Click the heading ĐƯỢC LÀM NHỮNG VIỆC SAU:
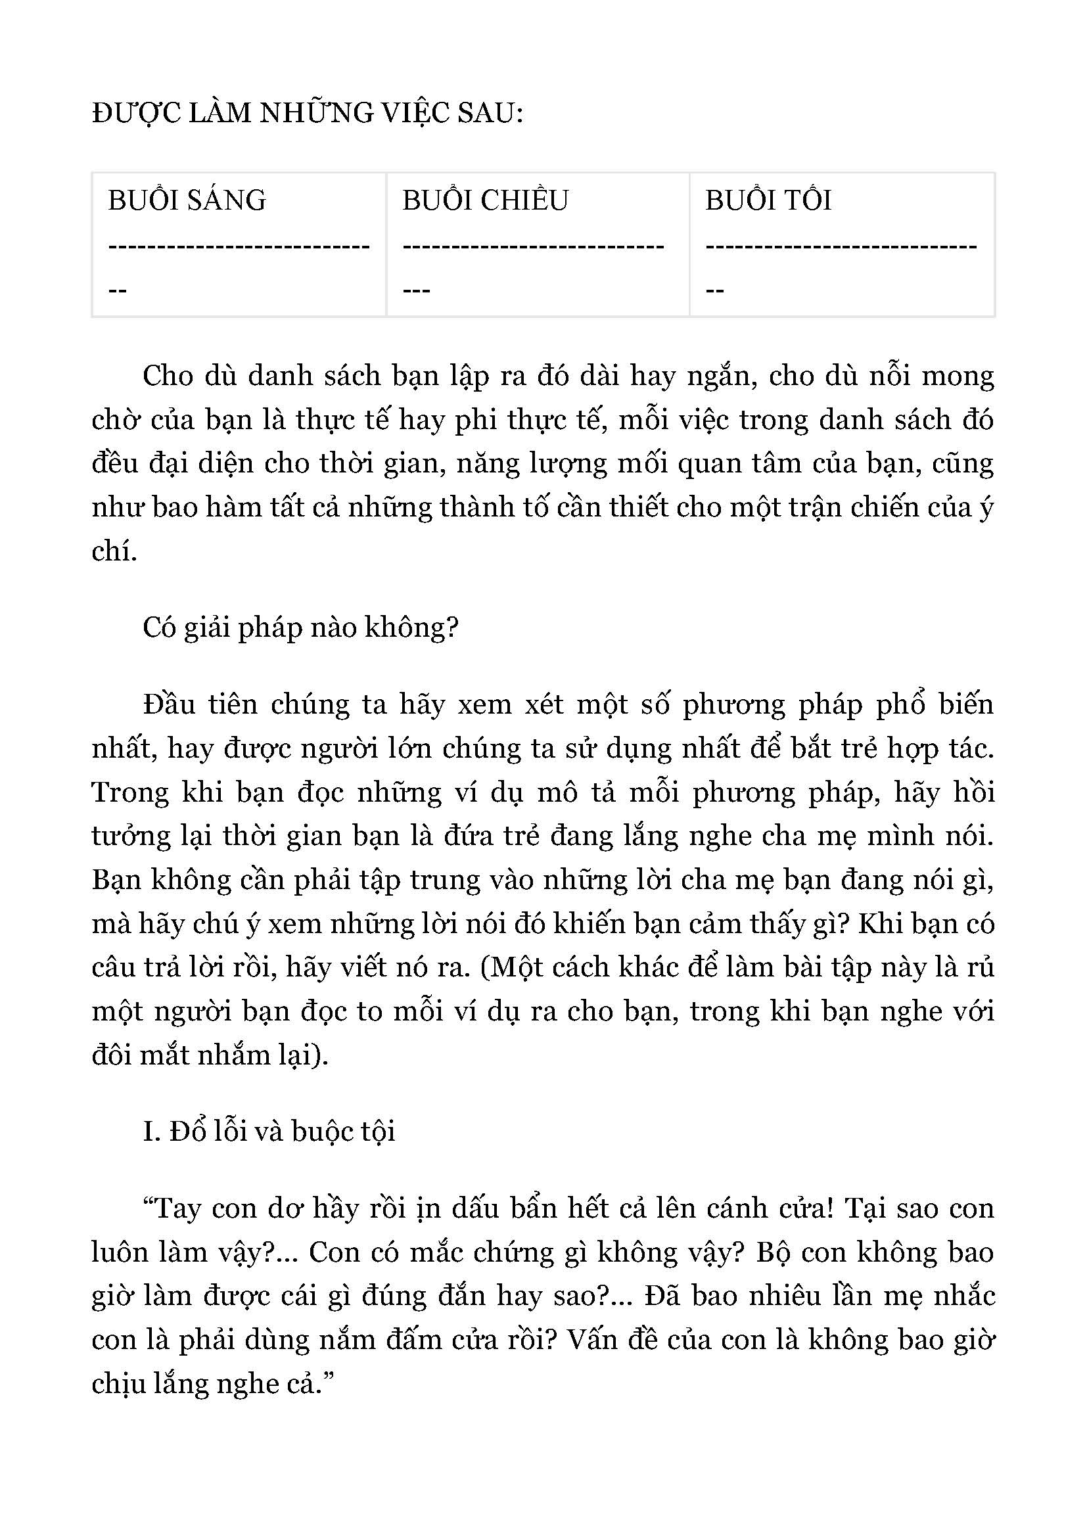coord(307,114)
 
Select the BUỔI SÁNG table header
coord(187,200)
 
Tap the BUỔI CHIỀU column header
coord(485,200)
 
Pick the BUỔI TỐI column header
coord(768,200)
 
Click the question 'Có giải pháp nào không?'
coord(300,628)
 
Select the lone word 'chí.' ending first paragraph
coord(114,551)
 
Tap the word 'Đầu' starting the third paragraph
coord(166,705)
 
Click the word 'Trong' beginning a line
coord(131,792)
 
